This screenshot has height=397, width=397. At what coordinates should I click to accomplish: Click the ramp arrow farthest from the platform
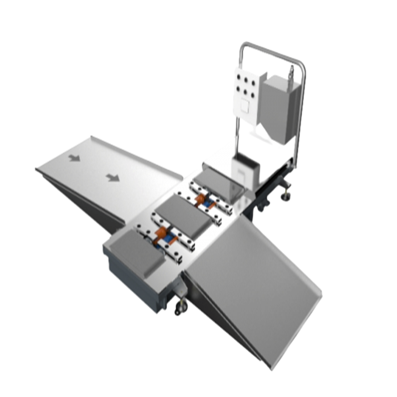[x=74, y=158]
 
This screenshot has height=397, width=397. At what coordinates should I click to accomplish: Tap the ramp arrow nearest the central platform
[x=113, y=177]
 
